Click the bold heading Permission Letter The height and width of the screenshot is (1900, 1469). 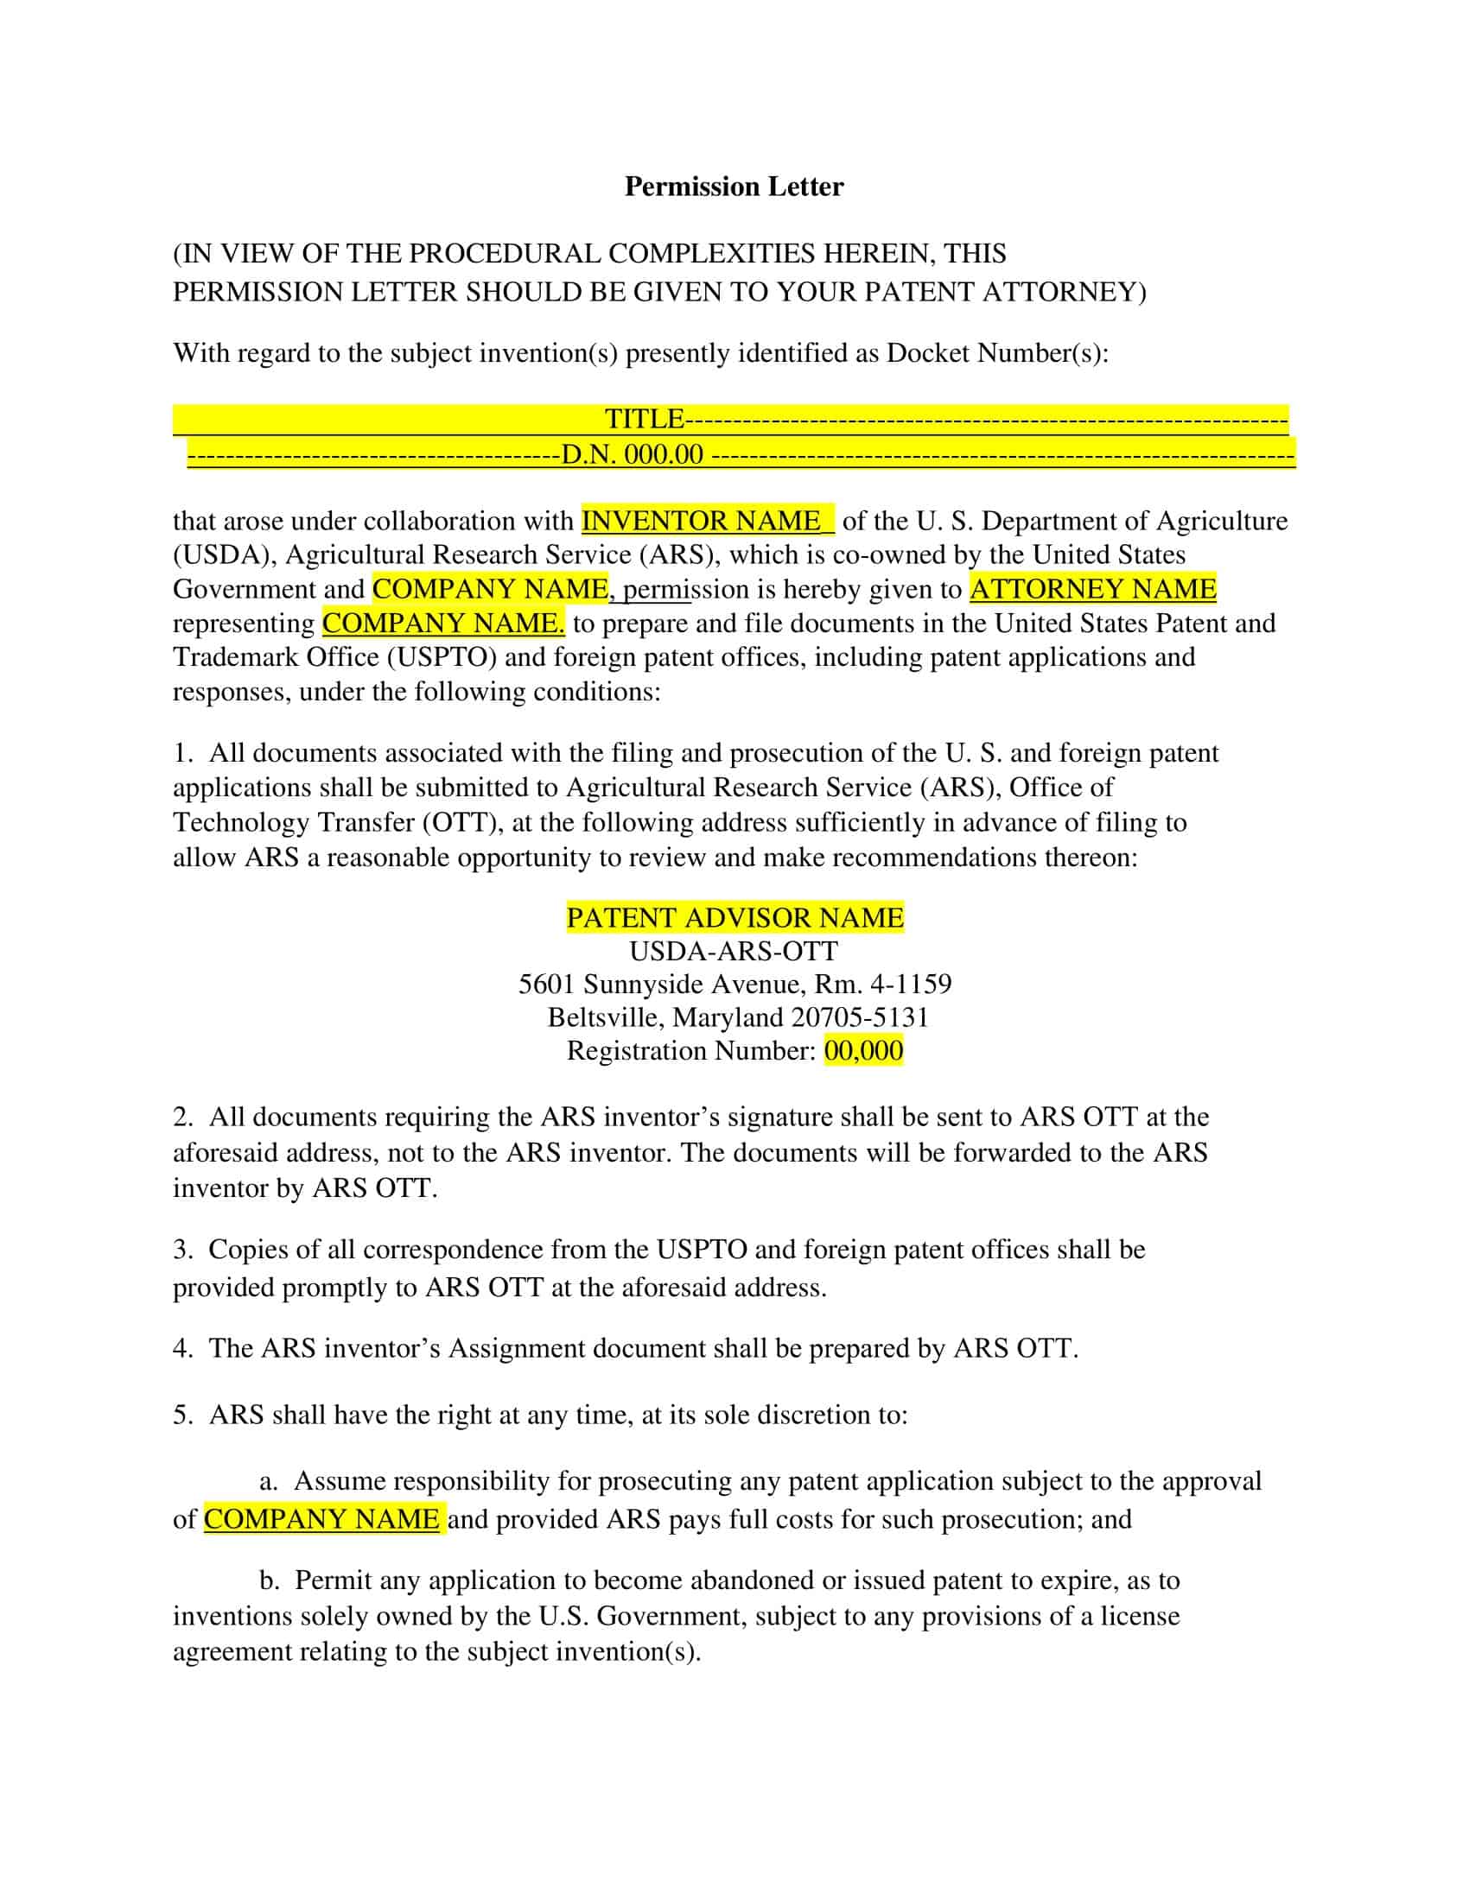point(734,187)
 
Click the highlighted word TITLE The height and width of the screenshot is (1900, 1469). point(644,420)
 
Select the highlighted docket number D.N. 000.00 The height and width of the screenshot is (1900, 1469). point(632,454)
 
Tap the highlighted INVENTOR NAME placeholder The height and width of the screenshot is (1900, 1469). point(701,521)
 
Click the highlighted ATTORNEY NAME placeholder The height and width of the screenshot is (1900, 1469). point(1092,590)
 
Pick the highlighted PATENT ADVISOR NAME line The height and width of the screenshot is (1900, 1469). point(734,918)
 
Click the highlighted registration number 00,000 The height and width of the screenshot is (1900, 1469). point(863,1051)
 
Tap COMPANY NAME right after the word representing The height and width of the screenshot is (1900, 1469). point(443,624)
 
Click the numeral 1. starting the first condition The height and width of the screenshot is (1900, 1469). point(181,753)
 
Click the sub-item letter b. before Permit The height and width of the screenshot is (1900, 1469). point(269,1580)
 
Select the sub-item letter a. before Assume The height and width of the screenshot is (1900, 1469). point(268,1481)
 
